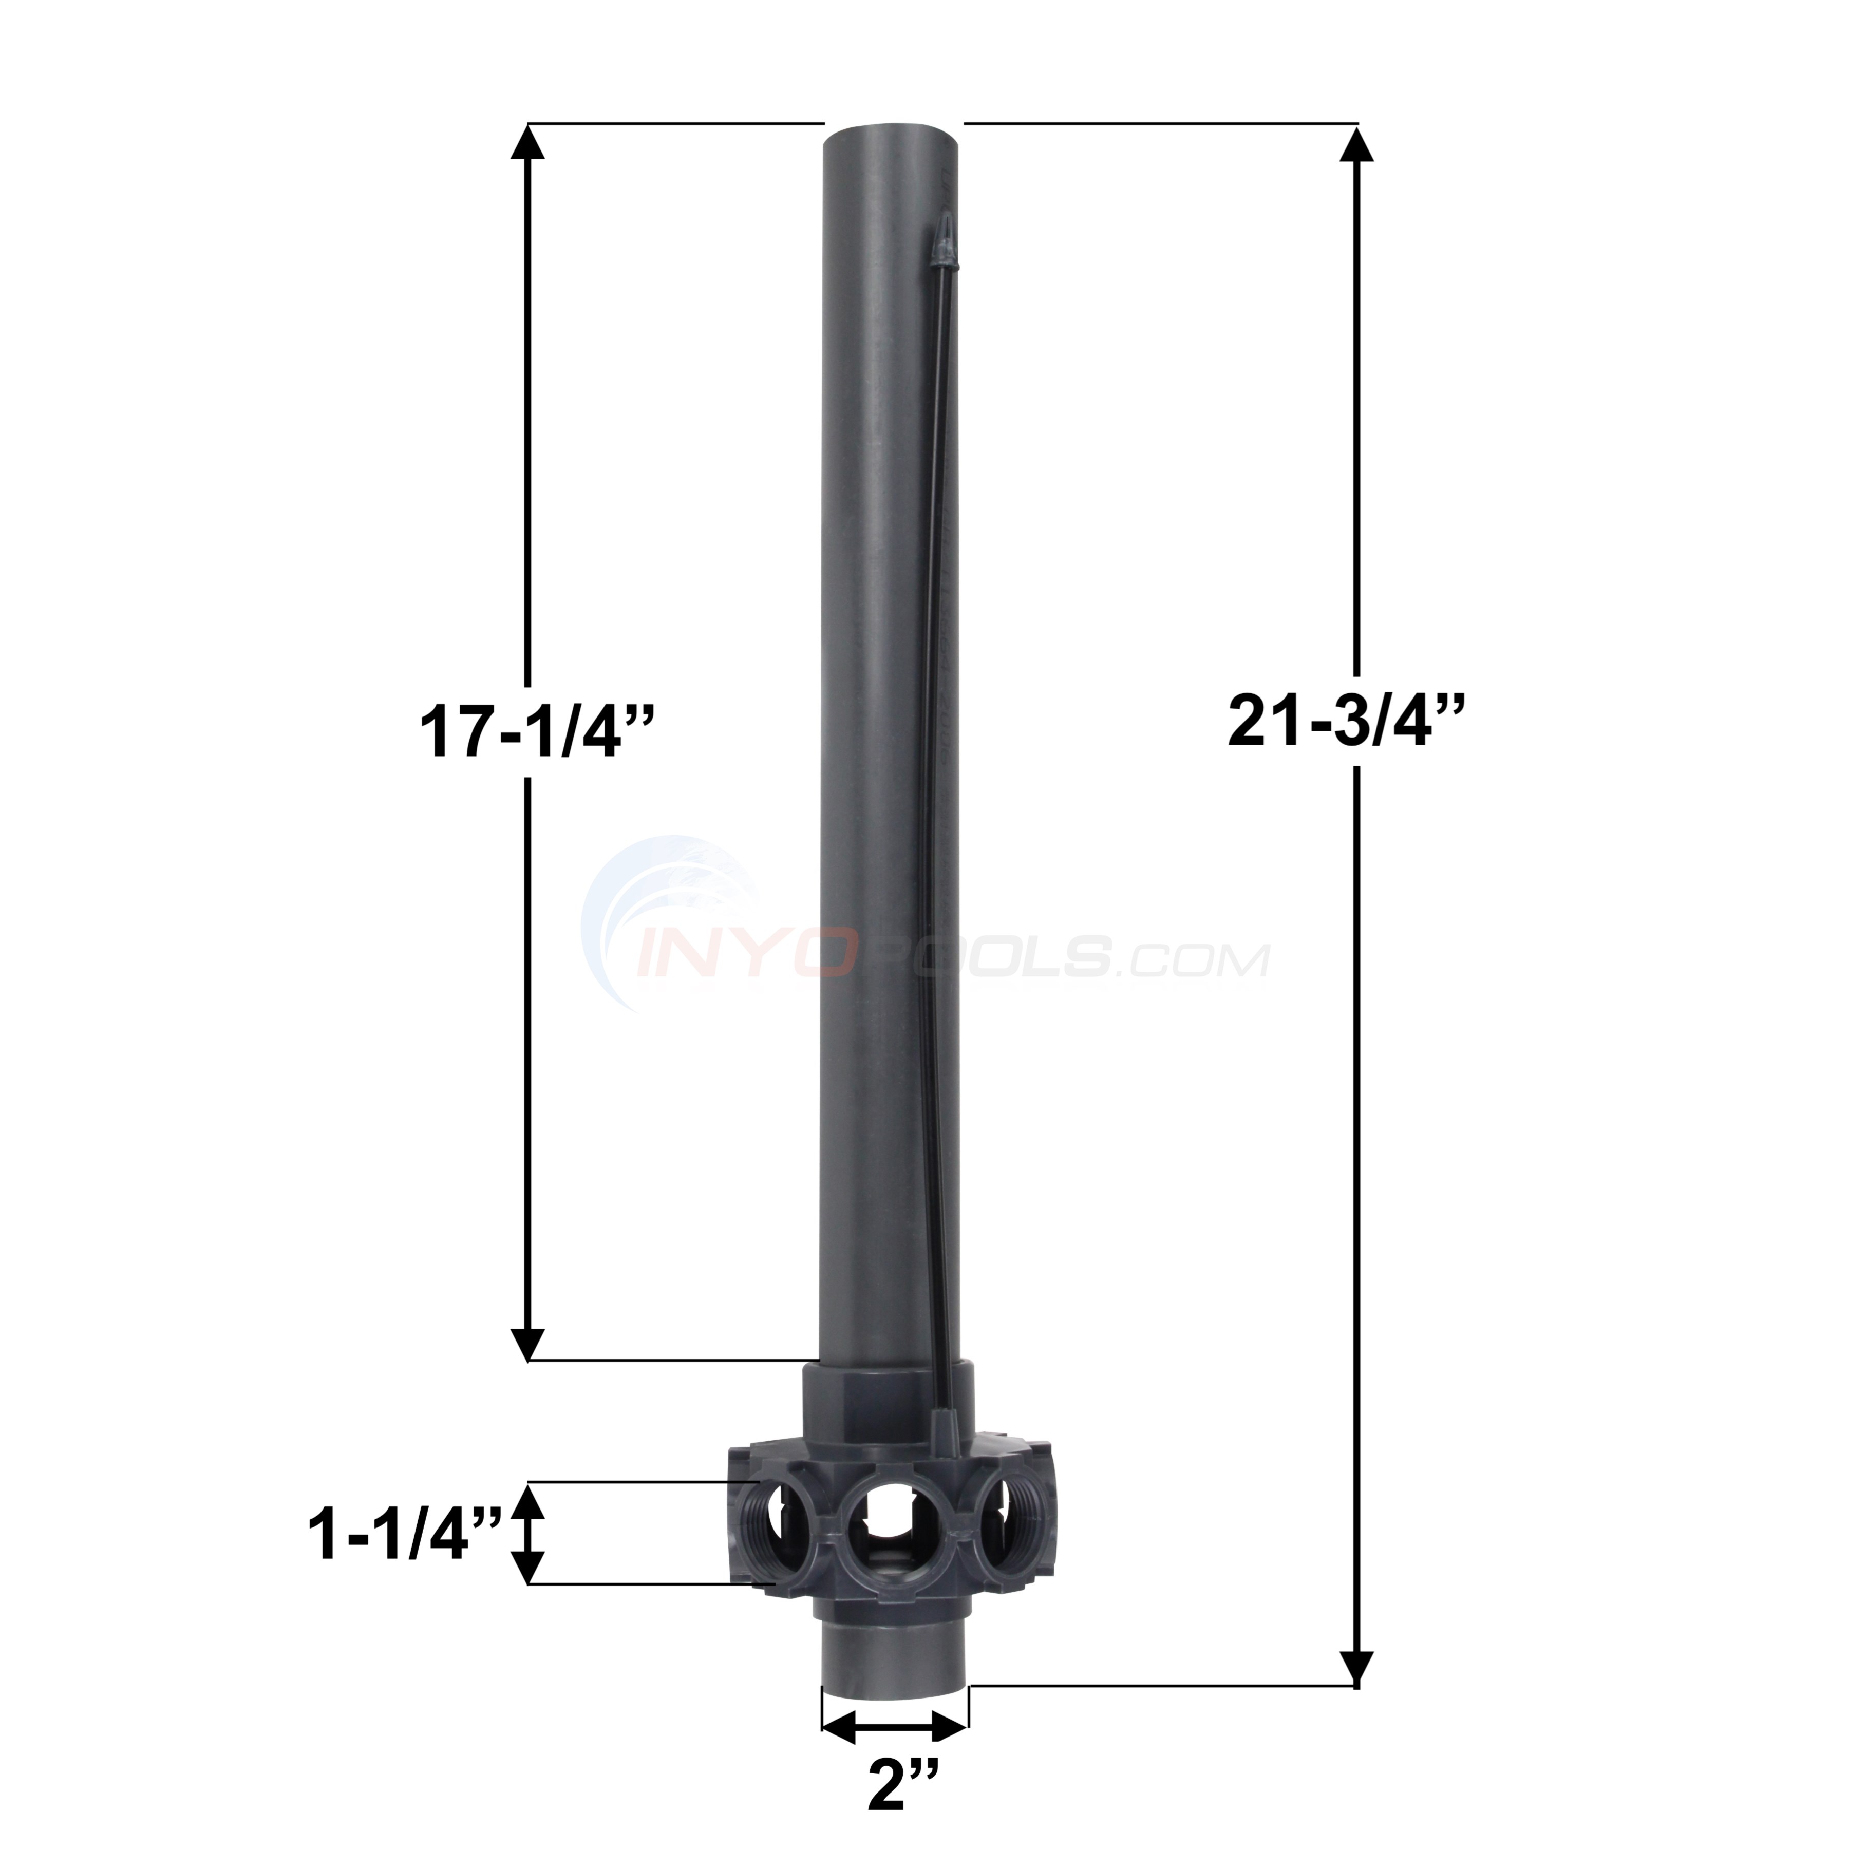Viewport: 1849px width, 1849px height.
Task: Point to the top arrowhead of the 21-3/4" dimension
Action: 1356,145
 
